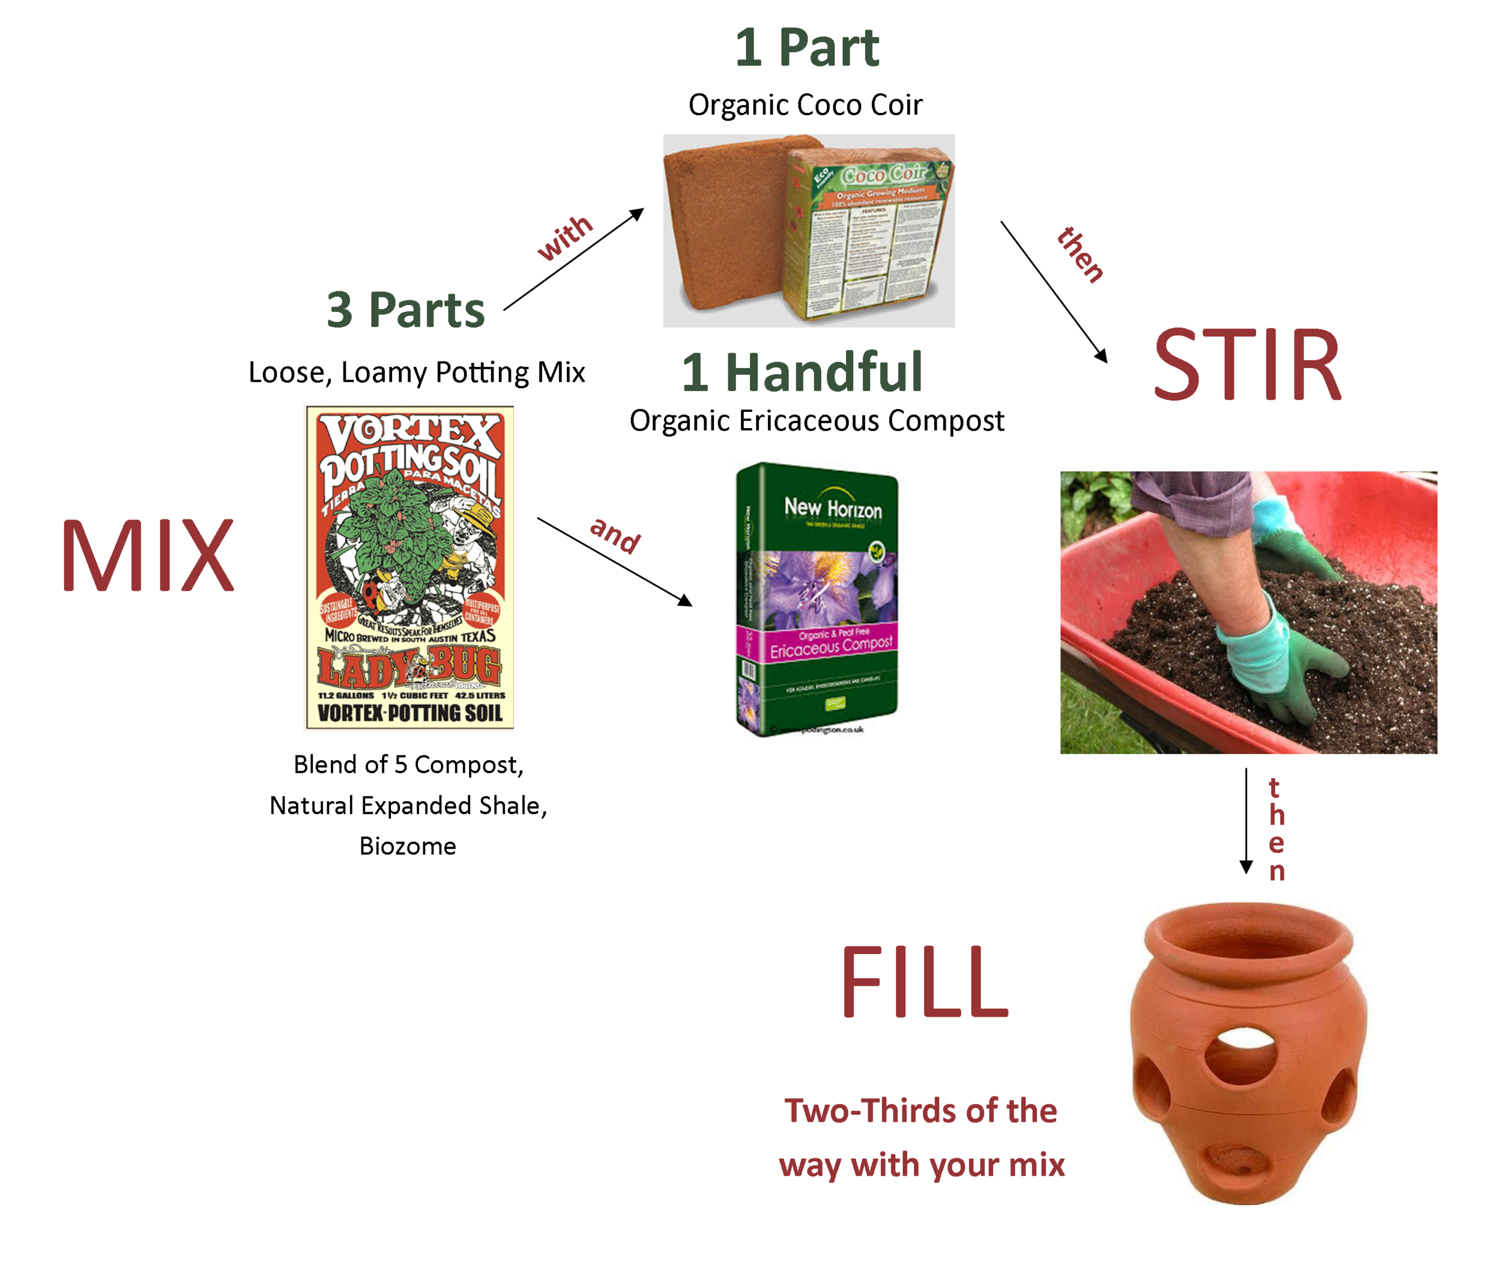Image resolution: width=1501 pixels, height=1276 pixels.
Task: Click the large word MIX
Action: click(148, 555)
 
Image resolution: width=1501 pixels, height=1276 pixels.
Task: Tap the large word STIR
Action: click(1247, 364)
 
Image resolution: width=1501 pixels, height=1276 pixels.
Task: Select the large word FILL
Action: click(924, 982)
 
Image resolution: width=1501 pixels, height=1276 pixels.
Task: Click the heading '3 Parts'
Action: click(405, 310)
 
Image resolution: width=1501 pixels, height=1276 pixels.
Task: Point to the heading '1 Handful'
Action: click(802, 372)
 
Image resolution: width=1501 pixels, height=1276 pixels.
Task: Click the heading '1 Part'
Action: click(806, 48)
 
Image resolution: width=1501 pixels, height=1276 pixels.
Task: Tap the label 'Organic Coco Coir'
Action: click(805, 105)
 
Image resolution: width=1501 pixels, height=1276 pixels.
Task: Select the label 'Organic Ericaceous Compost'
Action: click(817, 421)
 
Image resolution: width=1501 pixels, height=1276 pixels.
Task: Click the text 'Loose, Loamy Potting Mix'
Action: click(417, 372)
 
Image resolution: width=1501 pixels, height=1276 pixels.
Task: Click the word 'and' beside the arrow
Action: click(615, 534)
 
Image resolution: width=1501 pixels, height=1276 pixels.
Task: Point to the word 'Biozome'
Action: click(408, 845)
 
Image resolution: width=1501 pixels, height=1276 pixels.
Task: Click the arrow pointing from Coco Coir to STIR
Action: click(1053, 291)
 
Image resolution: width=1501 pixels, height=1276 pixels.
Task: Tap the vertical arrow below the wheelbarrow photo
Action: click(1246, 821)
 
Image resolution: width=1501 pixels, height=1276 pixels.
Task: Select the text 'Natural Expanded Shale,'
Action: click(408, 805)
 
